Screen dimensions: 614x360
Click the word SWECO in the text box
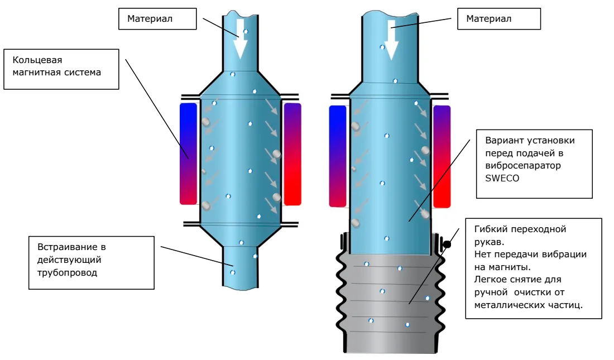[x=502, y=178]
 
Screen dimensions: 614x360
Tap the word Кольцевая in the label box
[x=37, y=60]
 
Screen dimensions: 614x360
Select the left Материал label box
[x=157, y=19]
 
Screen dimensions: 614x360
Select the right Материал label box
[x=499, y=19]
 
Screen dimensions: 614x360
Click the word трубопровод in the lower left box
[x=67, y=273]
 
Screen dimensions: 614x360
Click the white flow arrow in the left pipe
[x=241, y=39]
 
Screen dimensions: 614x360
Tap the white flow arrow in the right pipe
[x=391, y=40]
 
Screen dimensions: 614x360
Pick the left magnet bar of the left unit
[x=188, y=153]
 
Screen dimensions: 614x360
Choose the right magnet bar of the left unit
[x=292, y=154]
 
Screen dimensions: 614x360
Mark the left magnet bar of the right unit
[x=338, y=156]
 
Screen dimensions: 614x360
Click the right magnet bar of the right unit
[x=442, y=156]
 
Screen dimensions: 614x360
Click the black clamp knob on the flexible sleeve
[x=447, y=244]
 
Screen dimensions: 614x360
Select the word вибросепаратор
[x=523, y=166]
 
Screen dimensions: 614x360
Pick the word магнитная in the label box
[x=35, y=73]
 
